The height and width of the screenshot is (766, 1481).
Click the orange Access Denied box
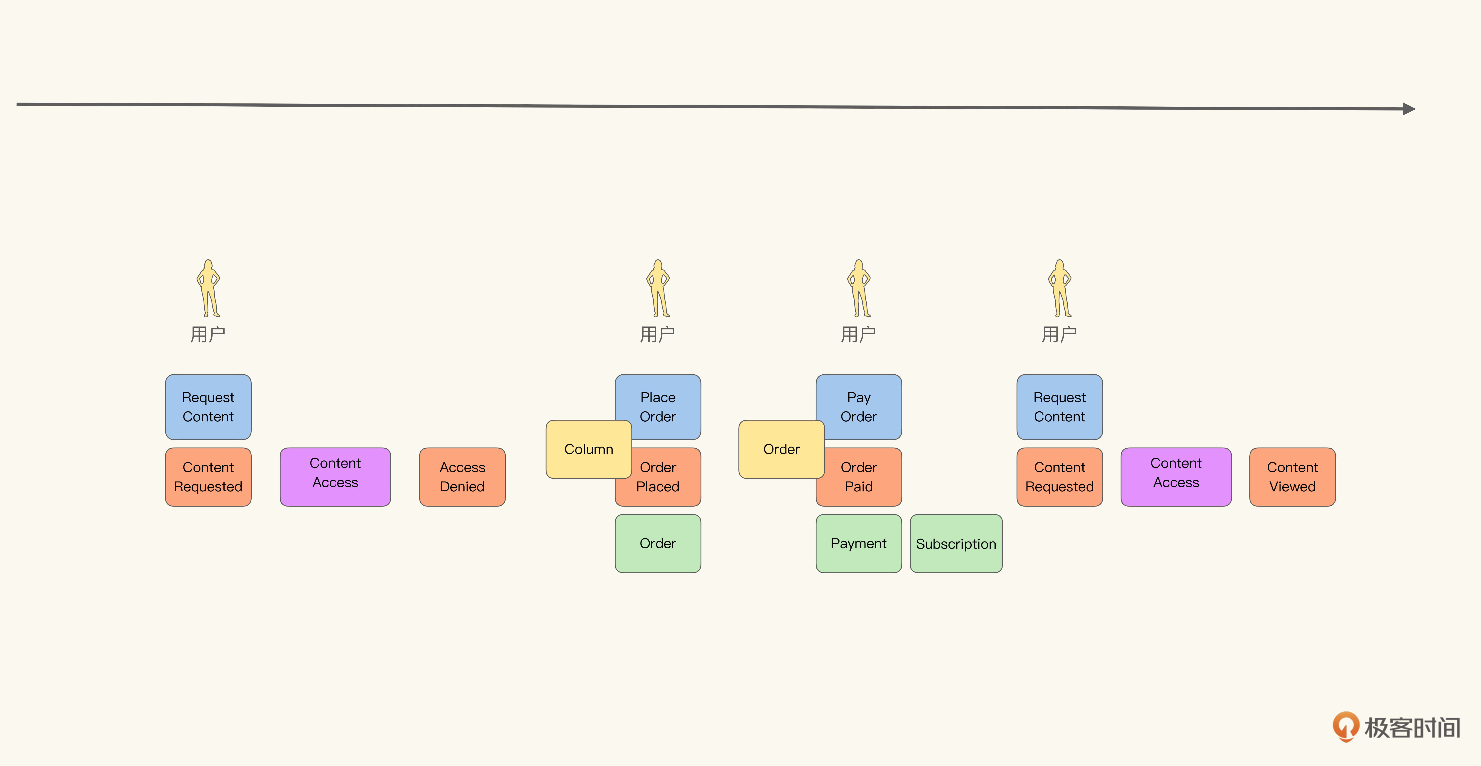pyautogui.click(x=462, y=477)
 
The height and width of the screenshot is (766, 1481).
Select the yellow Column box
pyautogui.click(x=589, y=449)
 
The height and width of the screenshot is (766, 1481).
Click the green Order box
pyautogui.click(x=658, y=544)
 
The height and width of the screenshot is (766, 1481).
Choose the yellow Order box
pyautogui.click(x=781, y=449)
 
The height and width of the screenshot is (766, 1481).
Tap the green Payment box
pyautogui.click(x=859, y=544)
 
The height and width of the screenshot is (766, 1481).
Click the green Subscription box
pyautogui.click(x=956, y=544)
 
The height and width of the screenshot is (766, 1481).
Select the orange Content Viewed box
pyautogui.click(x=1292, y=477)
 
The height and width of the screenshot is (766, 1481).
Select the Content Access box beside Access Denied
pyautogui.click(x=335, y=477)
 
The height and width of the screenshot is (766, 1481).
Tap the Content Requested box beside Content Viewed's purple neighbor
pyautogui.click(x=1060, y=477)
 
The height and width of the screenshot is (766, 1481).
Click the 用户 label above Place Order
pyautogui.click(x=658, y=334)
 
